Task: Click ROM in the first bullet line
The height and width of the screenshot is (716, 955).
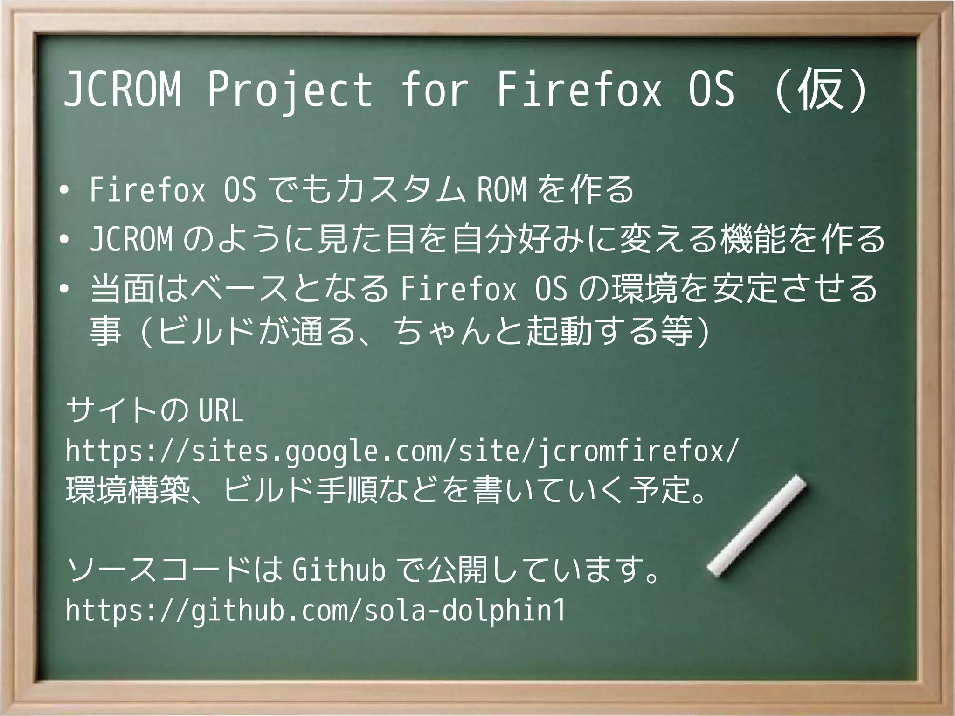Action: tap(502, 190)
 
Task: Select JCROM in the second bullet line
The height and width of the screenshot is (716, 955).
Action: tap(131, 239)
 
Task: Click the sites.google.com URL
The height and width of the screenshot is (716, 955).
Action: tap(402, 452)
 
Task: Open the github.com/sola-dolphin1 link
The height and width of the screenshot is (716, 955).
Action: tap(315, 610)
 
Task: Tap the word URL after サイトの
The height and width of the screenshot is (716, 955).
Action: tap(221, 410)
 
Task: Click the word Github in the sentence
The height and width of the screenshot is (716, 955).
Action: tap(339, 570)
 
